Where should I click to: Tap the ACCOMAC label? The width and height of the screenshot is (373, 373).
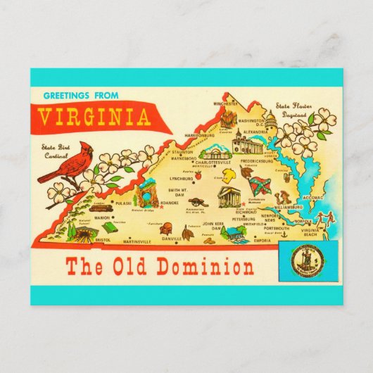pos(312,199)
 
